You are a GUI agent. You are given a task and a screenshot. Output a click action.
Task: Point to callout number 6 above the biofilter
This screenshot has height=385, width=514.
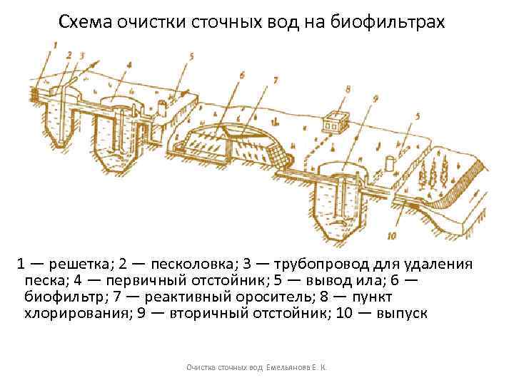click(x=242, y=74)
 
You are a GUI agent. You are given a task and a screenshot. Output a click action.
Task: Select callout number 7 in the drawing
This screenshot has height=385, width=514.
click(x=275, y=81)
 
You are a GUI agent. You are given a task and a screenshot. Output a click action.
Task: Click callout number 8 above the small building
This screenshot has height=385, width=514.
click(x=347, y=90)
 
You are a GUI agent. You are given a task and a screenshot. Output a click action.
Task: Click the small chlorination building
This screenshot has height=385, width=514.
click(x=332, y=123)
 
